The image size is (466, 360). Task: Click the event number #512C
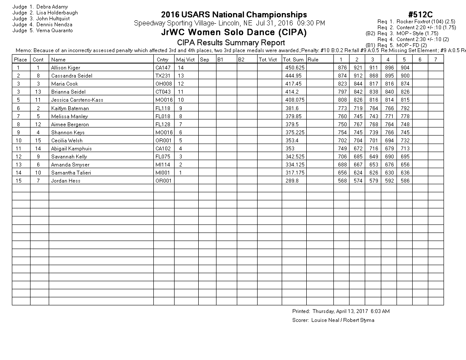point(420,15)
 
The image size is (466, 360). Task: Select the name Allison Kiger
point(65,68)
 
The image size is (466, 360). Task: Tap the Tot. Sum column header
point(293,60)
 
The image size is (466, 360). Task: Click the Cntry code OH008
point(164,84)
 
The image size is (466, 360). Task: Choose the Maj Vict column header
point(185,60)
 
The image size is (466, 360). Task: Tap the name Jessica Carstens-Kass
point(77,100)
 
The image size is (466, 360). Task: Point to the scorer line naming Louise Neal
point(333,320)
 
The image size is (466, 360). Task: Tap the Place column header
point(21,60)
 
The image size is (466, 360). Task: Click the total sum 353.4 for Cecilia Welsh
point(291,141)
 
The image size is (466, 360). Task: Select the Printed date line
point(341,311)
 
